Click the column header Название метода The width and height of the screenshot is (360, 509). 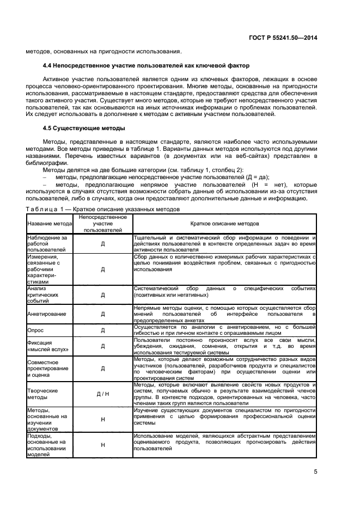point(49,224)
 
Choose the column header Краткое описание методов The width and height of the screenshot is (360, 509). point(224,224)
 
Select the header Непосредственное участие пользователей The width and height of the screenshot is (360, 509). point(102,224)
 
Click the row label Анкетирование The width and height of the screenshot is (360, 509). point(47,314)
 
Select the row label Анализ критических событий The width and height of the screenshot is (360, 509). point(45,295)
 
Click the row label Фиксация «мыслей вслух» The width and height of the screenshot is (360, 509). point(46,346)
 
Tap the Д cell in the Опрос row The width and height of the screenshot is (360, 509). point(102,330)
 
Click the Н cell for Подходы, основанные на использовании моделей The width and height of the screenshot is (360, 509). point(102,445)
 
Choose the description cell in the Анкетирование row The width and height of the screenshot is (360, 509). point(224,314)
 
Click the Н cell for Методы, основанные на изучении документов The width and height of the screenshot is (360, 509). point(102,419)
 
